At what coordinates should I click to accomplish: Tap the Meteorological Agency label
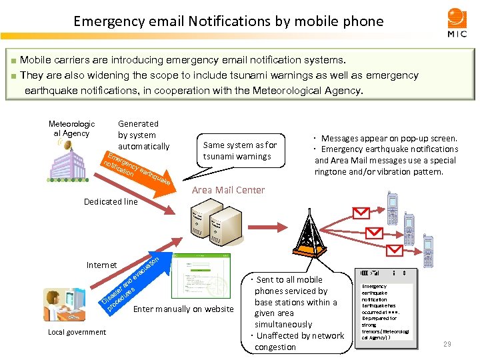click(72, 129)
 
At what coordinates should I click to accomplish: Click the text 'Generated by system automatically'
click(143, 135)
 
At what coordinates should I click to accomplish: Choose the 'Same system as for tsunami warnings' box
click(240, 151)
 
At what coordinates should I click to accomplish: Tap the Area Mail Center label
click(228, 190)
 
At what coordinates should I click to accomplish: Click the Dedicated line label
click(111, 201)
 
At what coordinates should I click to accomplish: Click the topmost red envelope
click(361, 213)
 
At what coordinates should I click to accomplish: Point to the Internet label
click(101, 265)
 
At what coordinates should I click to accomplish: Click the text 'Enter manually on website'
click(183, 309)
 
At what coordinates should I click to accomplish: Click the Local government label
click(77, 332)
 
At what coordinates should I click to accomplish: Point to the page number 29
click(447, 344)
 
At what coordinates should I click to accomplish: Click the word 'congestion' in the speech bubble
click(275, 347)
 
